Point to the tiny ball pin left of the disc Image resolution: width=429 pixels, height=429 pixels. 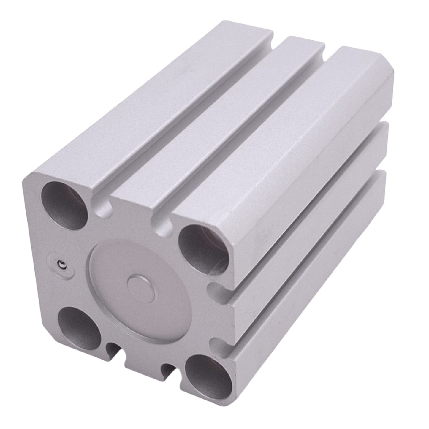click(x=61, y=263)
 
